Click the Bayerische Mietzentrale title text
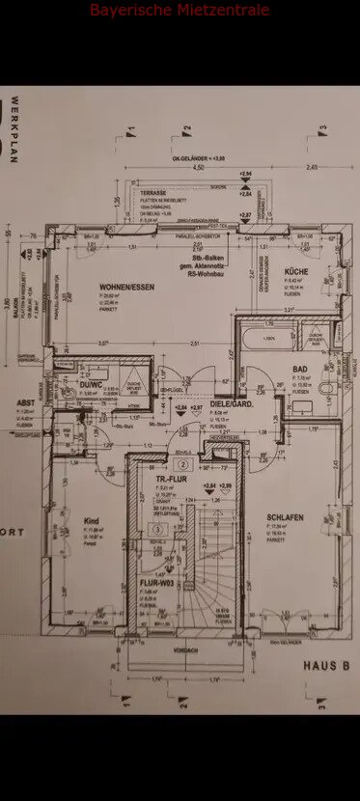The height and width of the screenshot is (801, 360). (x=180, y=11)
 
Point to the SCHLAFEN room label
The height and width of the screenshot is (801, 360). (x=286, y=517)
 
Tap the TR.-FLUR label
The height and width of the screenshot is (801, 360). (x=176, y=480)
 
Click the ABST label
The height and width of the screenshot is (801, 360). (x=25, y=403)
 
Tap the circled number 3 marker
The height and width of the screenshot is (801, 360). (x=157, y=530)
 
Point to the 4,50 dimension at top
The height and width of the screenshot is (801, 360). (x=199, y=167)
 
